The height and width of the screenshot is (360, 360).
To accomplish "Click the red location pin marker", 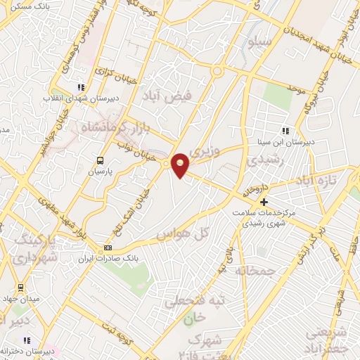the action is point(181,165).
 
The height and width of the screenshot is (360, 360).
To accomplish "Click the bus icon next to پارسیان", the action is point(100,160).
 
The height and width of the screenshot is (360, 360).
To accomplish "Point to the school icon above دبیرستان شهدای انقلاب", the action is point(81,88).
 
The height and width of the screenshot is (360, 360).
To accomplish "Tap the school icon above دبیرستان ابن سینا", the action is point(285,130).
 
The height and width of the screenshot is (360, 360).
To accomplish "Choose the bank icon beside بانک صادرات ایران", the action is point(108,247).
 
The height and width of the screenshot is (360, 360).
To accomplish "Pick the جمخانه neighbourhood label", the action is point(253,270).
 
